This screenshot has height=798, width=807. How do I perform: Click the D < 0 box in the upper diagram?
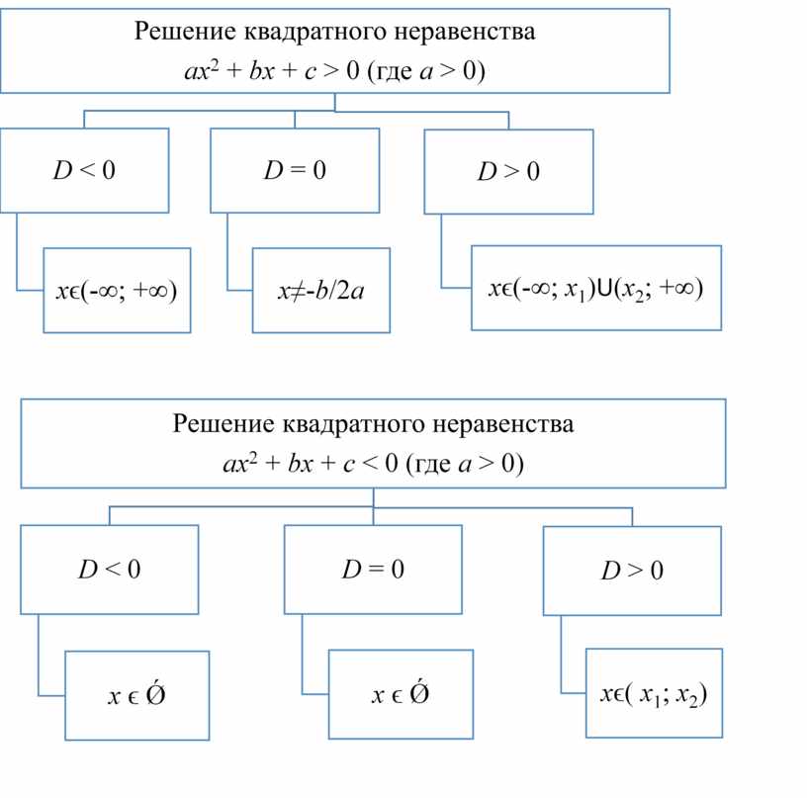pos(84,170)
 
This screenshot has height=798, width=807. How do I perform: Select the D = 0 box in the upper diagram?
pos(295,170)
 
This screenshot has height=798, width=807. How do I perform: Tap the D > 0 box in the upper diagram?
pos(508,172)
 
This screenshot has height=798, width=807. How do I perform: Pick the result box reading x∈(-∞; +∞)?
pos(117,292)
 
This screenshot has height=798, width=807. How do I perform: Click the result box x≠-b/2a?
pos(320,292)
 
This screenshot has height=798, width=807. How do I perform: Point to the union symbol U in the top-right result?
pos(602,290)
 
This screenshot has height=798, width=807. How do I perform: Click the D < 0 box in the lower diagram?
pos(109,570)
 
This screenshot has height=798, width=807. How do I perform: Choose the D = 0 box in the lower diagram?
pos(373,570)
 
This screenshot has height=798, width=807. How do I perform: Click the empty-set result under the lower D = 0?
pos(401,695)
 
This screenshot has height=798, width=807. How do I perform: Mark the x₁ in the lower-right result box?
pos(648,696)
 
